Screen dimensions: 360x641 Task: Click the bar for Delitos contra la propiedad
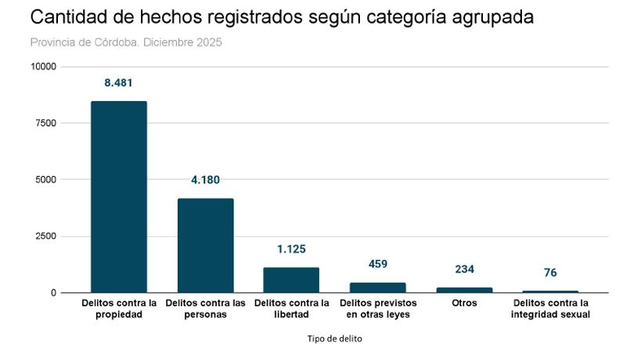pyautogui.click(x=119, y=196)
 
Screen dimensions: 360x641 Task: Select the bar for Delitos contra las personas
pyautogui.click(x=205, y=245)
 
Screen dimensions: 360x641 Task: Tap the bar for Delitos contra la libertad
pyautogui.click(x=291, y=279)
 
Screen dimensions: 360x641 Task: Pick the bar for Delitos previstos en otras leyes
pyautogui.click(x=377, y=287)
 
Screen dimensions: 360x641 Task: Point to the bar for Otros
pyautogui.click(x=464, y=290)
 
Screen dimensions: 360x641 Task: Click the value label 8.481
pyautogui.click(x=119, y=82)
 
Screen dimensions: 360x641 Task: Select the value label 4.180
pyautogui.click(x=205, y=180)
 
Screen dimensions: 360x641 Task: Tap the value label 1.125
pyautogui.click(x=291, y=250)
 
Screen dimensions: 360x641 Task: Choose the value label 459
pyautogui.click(x=378, y=265)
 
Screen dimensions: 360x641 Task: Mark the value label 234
pyautogui.click(x=464, y=269)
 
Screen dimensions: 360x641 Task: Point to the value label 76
pyautogui.click(x=550, y=273)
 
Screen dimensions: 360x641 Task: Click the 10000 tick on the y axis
pyautogui.click(x=43, y=67)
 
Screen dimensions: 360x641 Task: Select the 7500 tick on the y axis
pyautogui.click(x=45, y=124)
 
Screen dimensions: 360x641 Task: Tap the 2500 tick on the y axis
pyautogui.click(x=45, y=236)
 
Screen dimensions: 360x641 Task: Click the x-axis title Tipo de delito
pyautogui.click(x=334, y=339)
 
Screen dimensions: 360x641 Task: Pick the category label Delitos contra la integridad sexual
pyautogui.click(x=550, y=308)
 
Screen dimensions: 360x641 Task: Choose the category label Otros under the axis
pyautogui.click(x=464, y=303)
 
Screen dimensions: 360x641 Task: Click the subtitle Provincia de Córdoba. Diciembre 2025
pyautogui.click(x=126, y=42)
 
